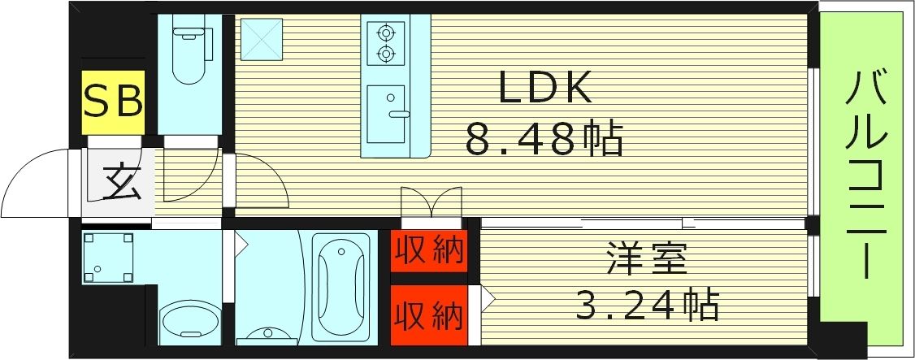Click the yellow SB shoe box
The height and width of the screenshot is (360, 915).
114,103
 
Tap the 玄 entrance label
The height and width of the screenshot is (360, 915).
122,182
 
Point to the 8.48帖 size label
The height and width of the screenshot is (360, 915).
544,139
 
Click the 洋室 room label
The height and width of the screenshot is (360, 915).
647,261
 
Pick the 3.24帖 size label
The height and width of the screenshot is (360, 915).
647,306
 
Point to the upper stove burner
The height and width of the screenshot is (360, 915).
384,33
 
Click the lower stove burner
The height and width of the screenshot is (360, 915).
384,55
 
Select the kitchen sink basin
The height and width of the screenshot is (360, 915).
387,114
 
